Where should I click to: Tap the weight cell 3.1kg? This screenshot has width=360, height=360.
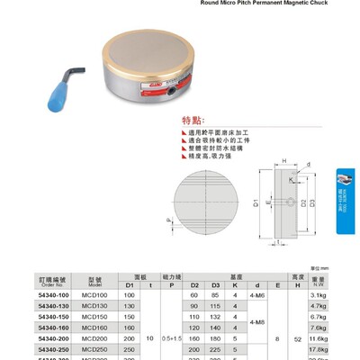click(x=316, y=295)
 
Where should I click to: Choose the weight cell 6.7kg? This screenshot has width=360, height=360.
click(x=316, y=317)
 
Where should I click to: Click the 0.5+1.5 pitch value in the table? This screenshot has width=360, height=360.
click(x=171, y=338)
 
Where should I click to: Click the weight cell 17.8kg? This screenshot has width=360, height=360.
click(x=316, y=349)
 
